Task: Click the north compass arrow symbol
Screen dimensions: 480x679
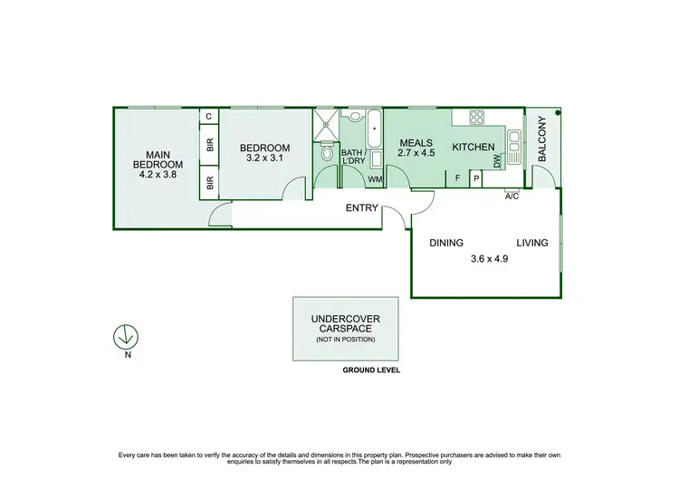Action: pyautogui.click(x=125, y=336)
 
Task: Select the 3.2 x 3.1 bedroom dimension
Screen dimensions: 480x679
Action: pyautogui.click(x=264, y=158)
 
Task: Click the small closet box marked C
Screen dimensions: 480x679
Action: pyautogui.click(x=209, y=117)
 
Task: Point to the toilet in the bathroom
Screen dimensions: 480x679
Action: pyautogui.click(x=326, y=153)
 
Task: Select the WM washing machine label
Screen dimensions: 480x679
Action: pyautogui.click(x=374, y=180)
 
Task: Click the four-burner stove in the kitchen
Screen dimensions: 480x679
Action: pyautogui.click(x=476, y=117)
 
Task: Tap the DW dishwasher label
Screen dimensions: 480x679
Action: pyautogui.click(x=497, y=161)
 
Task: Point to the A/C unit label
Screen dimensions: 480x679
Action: pyautogui.click(x=512, y=197)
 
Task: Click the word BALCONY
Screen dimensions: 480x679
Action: pyautogui.click(x=542, y=143)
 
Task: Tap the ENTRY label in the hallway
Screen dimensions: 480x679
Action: pyautogui.click(x=362, y=208)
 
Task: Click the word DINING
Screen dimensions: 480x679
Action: pyautogui.click(x=446, y=243)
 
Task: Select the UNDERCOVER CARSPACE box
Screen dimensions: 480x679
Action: pyautogui.click(x=345, y=327)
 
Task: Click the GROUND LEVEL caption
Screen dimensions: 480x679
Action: pyautogui.click(x=371, y=370)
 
